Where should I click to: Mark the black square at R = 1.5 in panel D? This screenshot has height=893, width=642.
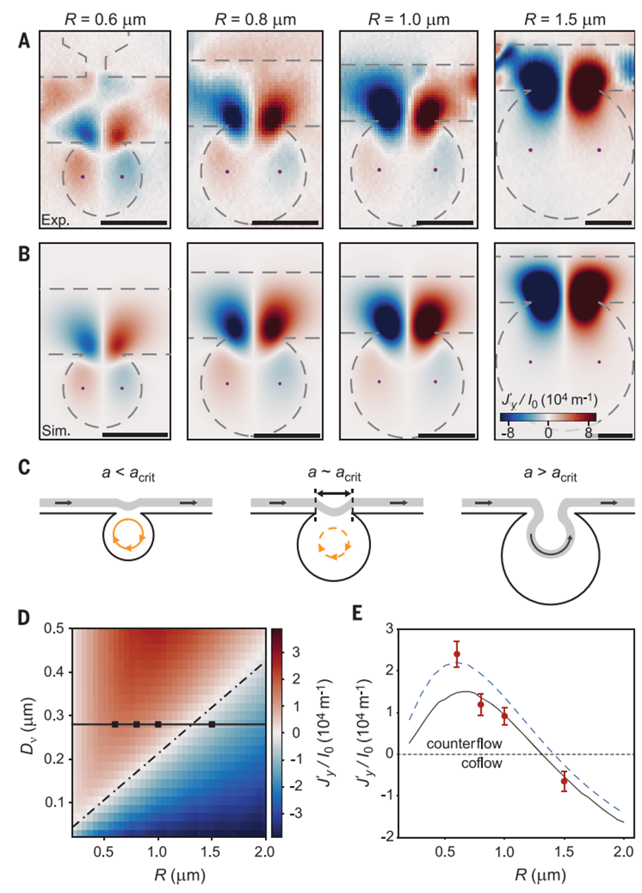click(x=212, y=724)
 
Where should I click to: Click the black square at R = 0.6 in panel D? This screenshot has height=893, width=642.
click(x=115, y=724)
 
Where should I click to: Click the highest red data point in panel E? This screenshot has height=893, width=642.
click(x=456, y=654)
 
